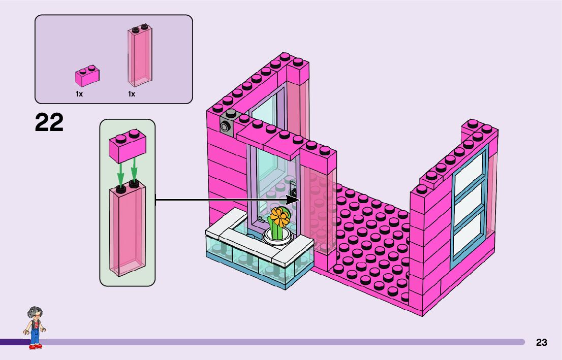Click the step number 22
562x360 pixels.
tap(49, 123)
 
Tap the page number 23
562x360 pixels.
tap(541, 342)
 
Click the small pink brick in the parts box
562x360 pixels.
tap(87, 77)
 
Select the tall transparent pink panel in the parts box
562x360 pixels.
tap(139, 56)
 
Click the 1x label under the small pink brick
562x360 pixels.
tap(79, 94)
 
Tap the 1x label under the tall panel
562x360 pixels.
tap(132, 94)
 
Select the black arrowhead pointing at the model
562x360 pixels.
tap(293, 200)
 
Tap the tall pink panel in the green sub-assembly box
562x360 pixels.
tap(127, 228)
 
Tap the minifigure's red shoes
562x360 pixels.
tap(35, 346)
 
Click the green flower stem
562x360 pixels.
tap(277, 230)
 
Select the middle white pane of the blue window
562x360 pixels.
tap(468, 204)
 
